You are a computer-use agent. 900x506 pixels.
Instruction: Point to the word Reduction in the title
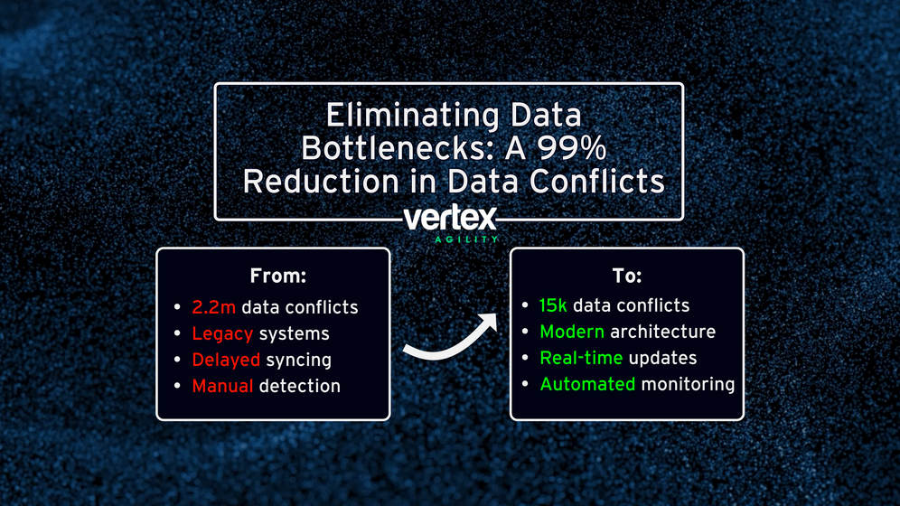pyautogui.click(x=320, y=182)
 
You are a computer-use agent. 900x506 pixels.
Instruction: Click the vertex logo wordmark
pyautogui.click(x=450, y=219)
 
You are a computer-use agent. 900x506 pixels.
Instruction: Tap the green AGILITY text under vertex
pyautogui.click(x=466, y=239)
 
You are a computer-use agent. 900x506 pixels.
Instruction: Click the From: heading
pyautogui.click(x=277, y=276)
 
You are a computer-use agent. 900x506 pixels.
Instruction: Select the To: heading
pyautogui.click(x=627, y=276)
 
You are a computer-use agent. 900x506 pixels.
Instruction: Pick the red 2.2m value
pyautogui.click(x=213, y=307)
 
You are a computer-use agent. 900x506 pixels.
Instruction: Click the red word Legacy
pyautogui.click(x=222, y=334)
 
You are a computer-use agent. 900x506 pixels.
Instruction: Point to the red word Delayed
pyautogui.click(x=226, y=361)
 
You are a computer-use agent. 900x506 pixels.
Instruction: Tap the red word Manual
pyautogui.click(x=222, y=386)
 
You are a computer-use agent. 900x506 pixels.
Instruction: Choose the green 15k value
pyautogui.click(x=553, y=305)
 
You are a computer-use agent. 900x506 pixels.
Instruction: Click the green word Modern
pyautogui.click(x=572, y=333)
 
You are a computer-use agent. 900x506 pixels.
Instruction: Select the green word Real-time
pyautogui.click(x=581, y=358)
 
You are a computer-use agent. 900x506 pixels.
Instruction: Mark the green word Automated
pyautogui.click(x=587, y=384)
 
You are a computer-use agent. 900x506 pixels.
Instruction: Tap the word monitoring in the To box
pyautogui.click(x=688, y=385)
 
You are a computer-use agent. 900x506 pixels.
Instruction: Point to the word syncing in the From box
pyautogui.click(x=298, y=361)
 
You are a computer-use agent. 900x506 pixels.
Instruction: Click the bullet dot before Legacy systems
pyautogui.click(x=177, y=333)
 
